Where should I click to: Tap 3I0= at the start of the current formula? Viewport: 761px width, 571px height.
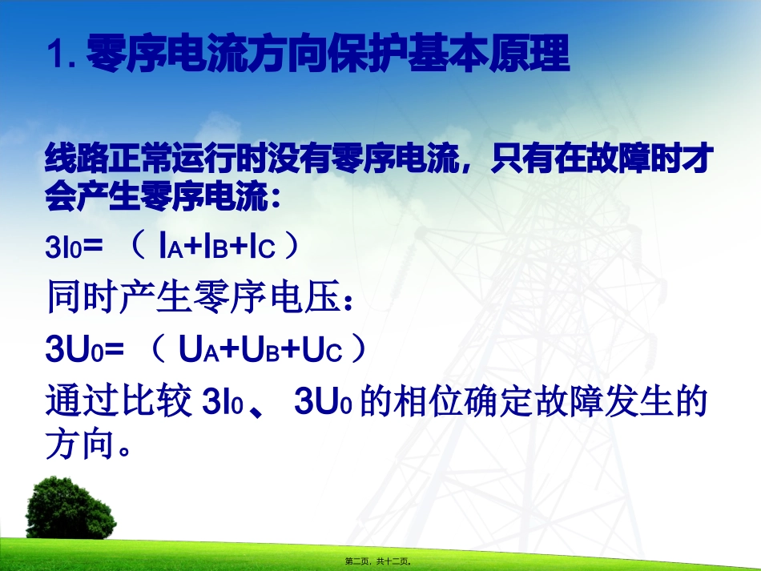[x=74, y=248]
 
